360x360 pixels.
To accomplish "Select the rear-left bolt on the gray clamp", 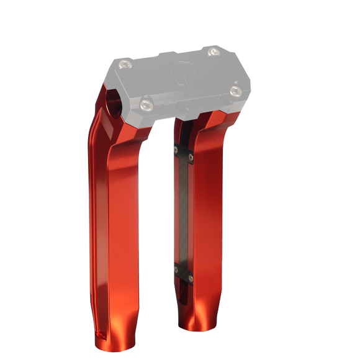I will click(x=126, y=63).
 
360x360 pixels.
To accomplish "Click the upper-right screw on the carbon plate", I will click(x=192, y=158).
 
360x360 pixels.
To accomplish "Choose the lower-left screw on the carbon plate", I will click(x=177, y=268).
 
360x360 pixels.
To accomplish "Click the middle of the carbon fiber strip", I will click(x=184, y=214).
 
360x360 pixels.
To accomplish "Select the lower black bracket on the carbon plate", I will click(x=184, y=272).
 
